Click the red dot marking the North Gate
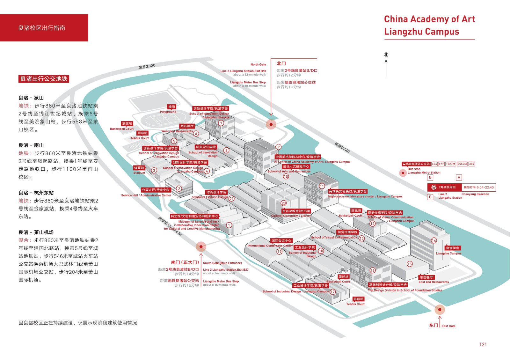[271, 124]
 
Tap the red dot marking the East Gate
[440, 309]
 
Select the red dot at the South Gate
[201, 246]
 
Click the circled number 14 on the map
[434, 240]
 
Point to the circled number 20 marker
[284, 203]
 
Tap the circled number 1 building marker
[229, 225]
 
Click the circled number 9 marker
[279, 147]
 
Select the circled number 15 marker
[410, 264]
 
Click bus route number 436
[434, 164]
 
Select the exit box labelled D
[430, 197]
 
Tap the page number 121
[483, 344]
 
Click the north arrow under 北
[386, 68]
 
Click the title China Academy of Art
[429, 19]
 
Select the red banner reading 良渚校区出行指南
[44, 28]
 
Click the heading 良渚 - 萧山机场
[36, 232]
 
